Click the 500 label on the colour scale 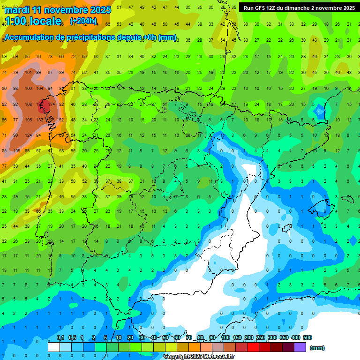tap(307, 337)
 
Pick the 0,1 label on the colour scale tap(60, 337)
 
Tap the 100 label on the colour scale tap(225, 337)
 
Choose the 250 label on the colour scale tap(261, 337)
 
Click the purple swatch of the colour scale tap(300, 347)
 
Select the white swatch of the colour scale tap(53, 347)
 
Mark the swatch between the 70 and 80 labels tap(194, 347)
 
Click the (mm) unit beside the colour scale tap(317, 348)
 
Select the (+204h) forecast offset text tap(83, 21)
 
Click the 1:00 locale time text tap(33, 21)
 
